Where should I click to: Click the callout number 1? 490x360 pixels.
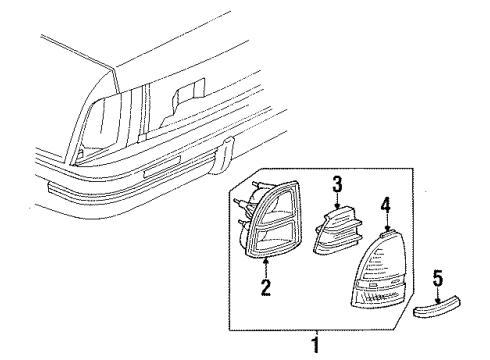pos(318,348)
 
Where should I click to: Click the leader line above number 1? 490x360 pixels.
pos(318,336)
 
